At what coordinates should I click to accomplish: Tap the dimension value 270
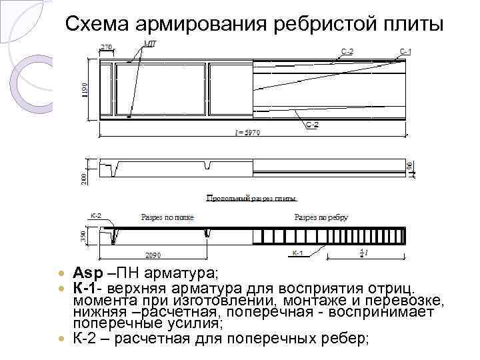tap(107, 47)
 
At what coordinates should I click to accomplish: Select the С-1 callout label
tap(405, 51)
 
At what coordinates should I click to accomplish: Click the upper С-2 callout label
tap(347, 51)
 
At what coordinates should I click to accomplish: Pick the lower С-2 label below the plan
tap(312, 125)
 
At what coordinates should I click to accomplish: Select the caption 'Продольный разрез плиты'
tap(251, 198)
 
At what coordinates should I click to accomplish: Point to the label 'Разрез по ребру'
tap(321, 218)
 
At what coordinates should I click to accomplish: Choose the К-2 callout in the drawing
tap(95, 216)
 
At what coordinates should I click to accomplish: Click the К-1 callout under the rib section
tap(297, 253)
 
